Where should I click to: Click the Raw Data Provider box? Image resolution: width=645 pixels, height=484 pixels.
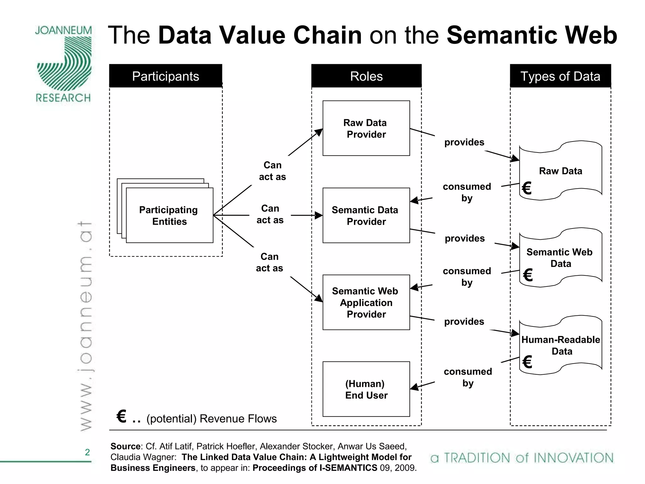(366, 128)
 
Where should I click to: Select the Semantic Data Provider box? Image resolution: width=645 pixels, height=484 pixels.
(366, 216)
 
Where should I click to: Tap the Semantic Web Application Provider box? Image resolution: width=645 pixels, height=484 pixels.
(366, 302)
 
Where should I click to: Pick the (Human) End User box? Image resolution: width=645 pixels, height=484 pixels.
(366, 389)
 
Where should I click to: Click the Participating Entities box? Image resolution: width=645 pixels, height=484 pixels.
(169, 216)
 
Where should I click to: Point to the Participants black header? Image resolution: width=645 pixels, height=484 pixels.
(166, 76)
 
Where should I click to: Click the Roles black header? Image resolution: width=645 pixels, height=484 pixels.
(366, 76)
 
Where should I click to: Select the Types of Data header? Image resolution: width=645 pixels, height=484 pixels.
(560, 76)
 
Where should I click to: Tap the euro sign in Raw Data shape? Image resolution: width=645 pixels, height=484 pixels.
(527, 188)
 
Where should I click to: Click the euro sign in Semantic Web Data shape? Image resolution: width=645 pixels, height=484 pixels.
(528, 275)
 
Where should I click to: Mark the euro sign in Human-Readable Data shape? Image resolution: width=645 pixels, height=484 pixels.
(527, 362)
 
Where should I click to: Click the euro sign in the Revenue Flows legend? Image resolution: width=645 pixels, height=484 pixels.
(122, 416)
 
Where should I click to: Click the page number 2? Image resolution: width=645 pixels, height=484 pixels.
(87, 452)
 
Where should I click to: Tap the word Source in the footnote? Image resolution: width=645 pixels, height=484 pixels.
(125, 447)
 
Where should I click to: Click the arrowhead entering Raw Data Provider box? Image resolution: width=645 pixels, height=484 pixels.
(319, 132)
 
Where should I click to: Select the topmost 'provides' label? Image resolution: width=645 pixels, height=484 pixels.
(464, 142)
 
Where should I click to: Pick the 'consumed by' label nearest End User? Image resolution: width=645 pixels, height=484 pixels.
(468, 377)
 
